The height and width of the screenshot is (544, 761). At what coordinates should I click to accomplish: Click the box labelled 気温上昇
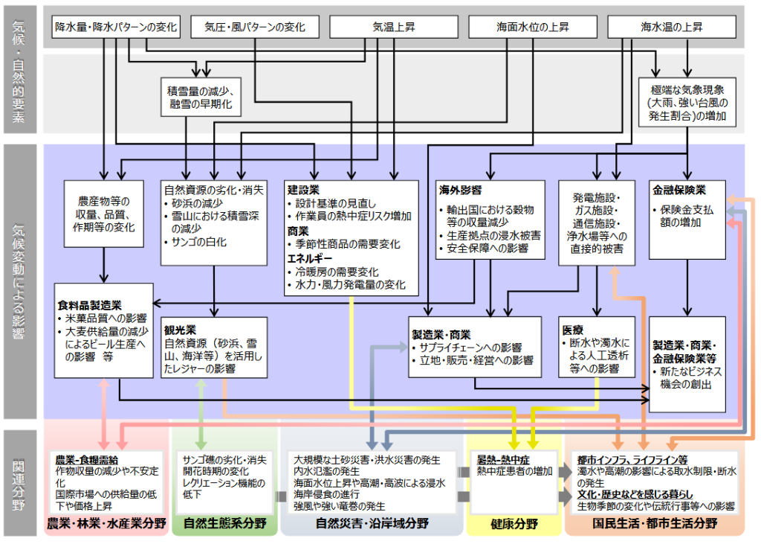tap(394, 27)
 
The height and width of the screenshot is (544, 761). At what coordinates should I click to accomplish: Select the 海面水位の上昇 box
tap(532, 27)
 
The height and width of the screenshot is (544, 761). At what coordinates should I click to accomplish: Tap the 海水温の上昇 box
tap(672, 27)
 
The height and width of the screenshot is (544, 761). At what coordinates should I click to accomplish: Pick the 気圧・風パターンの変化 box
tap(254, 27)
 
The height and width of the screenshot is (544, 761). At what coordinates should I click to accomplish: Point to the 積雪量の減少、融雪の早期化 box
tap(199, 97)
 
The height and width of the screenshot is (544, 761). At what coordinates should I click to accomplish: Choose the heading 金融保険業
tap(679, 189)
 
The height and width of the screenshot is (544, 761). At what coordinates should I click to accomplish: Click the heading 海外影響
tap(460, 191)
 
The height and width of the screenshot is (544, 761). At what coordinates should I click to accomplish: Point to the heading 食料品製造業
tap(89, 305)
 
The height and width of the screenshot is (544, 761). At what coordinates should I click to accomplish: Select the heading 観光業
tap(181, 328)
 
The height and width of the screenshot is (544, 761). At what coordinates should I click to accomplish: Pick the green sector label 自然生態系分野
tap(225, 523)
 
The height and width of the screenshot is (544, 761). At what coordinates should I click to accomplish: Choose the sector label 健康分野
tap(514, 524)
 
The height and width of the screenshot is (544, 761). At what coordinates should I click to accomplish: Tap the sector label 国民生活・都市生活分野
tap(653, 523)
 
